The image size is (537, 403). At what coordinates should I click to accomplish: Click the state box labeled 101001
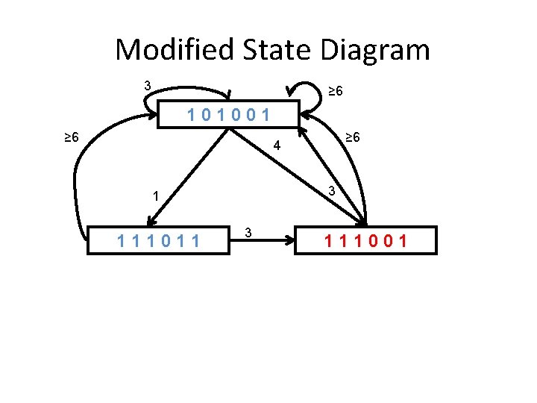click(x=230, y=116)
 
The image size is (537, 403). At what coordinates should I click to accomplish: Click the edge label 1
click(x=154, y=197)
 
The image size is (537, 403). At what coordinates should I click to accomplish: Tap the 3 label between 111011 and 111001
click(x=248, y=233)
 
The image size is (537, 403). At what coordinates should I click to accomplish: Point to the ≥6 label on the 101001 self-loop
click(x=336, y=91)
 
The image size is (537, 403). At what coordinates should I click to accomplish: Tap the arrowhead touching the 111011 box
click(x=150, y=221)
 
